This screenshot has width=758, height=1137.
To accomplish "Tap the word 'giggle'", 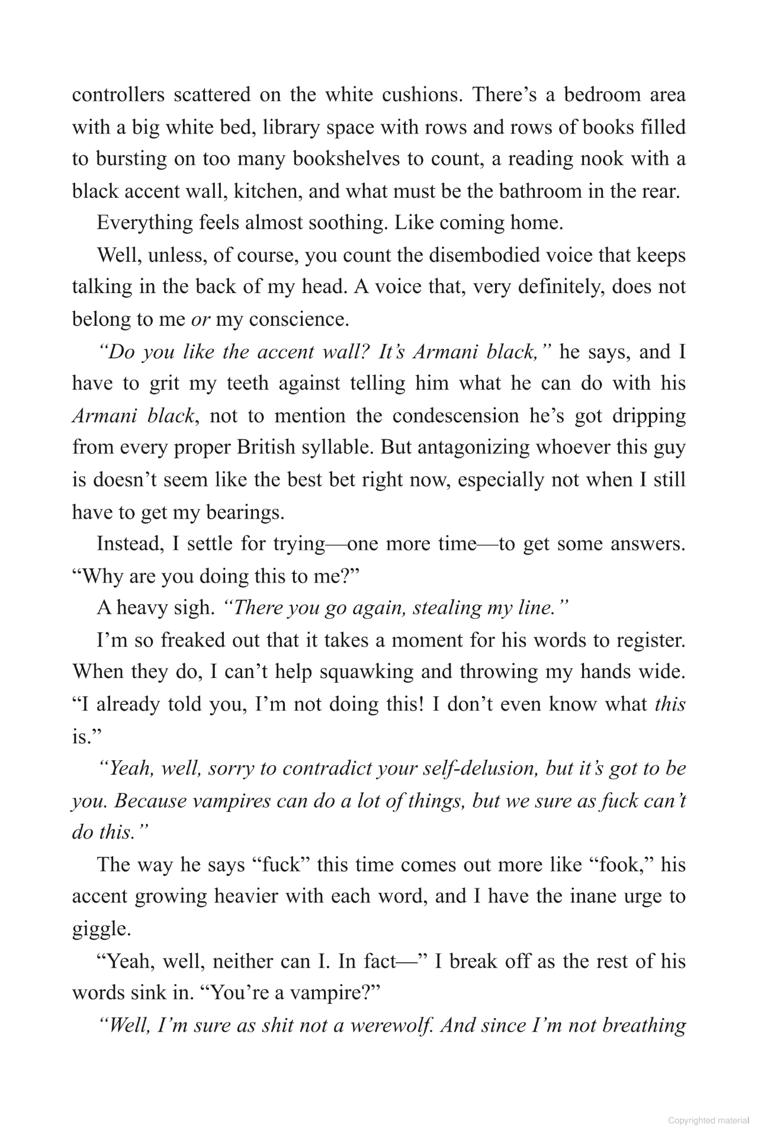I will click(101, 929).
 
